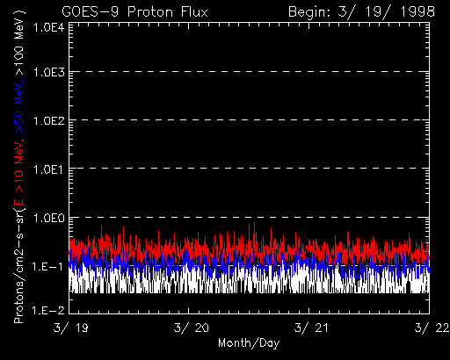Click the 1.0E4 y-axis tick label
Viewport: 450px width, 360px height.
[x=48, y=28]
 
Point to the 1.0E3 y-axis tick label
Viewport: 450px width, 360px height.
[x=48, y=72]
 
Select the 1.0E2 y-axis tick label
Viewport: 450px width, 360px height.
[x=48, y=120]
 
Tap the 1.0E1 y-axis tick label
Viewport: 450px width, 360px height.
[x=48, y=169]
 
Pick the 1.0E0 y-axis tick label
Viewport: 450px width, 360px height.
[x=48, y=218]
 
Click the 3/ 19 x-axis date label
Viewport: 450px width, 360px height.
[x=70, y=328]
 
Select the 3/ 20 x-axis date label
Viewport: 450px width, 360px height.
[x=191, y=328]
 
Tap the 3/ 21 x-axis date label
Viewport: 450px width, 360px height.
[x=311, y=328]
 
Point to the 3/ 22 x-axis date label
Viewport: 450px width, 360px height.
[x=432, y=328]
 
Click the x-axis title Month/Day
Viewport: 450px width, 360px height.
[x=249, y=343]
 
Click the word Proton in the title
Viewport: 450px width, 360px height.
[x=150, y=12]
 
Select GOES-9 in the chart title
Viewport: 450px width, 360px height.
[x=91, y=12]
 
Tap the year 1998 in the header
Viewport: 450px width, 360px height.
[x=417, y=12]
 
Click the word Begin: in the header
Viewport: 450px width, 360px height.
[x=309, y=12]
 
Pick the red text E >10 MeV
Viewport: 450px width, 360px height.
[x=18, y=169]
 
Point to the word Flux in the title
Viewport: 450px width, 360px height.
[x=194, y=12]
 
